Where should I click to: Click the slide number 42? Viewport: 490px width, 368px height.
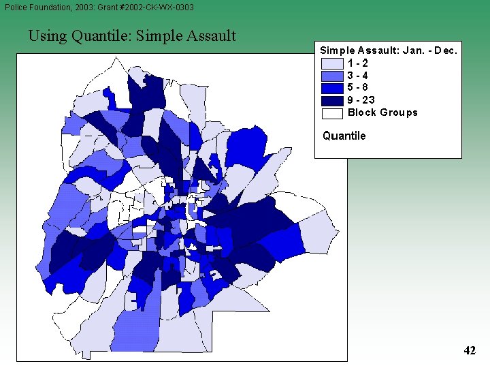click(x=470, y=351)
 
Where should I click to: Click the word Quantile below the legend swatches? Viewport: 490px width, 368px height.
click(x=344, y=136)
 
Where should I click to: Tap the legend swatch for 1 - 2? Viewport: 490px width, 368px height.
click(x=331, y=63)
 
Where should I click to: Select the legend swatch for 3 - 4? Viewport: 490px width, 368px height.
click(x=331, y=76)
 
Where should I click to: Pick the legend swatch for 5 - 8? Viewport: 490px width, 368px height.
click(x=331, y=88)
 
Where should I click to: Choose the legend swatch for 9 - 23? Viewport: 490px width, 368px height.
click(x=331, y=100)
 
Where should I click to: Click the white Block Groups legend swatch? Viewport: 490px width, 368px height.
click(x=331, y=112)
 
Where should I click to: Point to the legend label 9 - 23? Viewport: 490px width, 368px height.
click(x=361, y=100)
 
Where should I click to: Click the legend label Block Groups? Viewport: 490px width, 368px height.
click(x=382, y=112)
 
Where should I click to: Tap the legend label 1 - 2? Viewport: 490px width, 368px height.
click(x=358, y=63)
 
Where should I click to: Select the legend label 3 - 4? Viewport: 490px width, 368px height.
click(x=358, y=76)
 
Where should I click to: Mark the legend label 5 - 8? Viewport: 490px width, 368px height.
click(x=358, y=88)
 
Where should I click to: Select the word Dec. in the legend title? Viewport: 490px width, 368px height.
click(x=446, y=50)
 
